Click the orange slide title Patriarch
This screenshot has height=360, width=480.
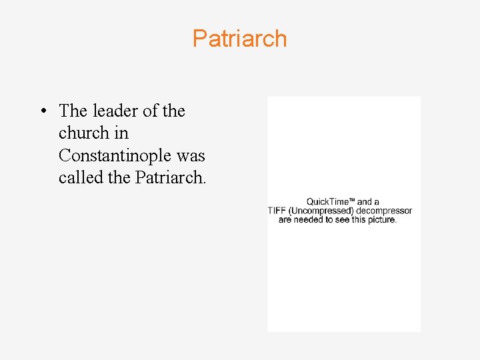(239, 39)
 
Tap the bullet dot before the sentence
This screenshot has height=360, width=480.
(43, 111)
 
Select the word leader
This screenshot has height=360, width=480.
(114, 111)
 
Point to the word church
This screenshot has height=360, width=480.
(84, 133)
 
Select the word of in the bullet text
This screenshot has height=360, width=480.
(150, 111)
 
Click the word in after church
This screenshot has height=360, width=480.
(121, 133)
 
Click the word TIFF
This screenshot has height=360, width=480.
(277, 211)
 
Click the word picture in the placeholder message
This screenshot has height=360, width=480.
(382, 219)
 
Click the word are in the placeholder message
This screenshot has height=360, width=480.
(285, 219)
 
